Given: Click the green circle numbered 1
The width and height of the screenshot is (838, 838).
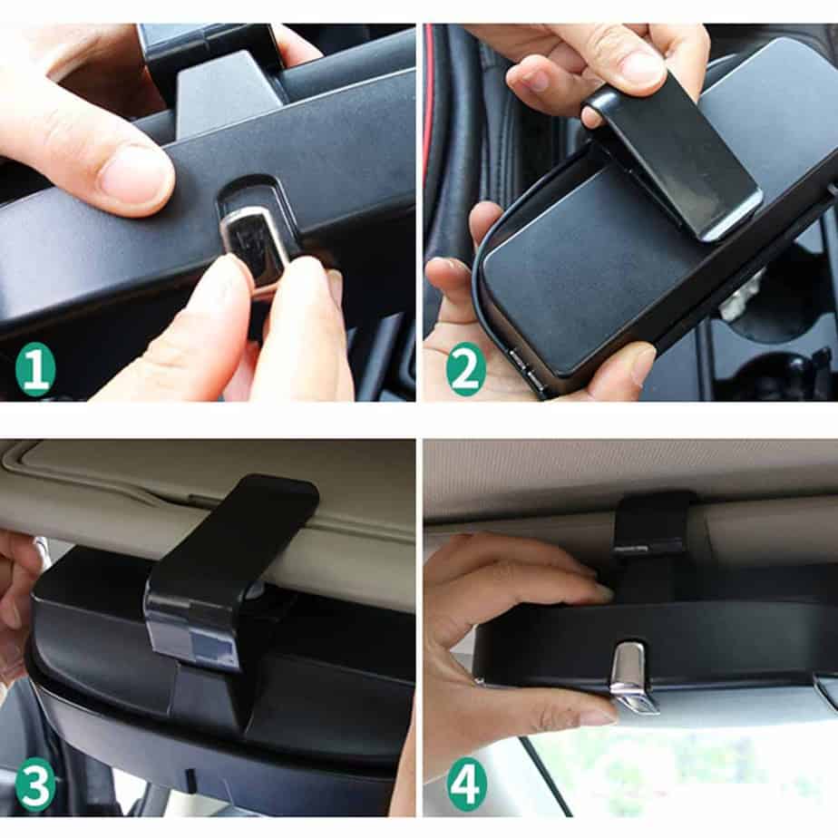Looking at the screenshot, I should (x=35, y=369).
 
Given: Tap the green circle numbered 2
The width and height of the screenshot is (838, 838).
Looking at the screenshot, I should (x=465, y=369).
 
